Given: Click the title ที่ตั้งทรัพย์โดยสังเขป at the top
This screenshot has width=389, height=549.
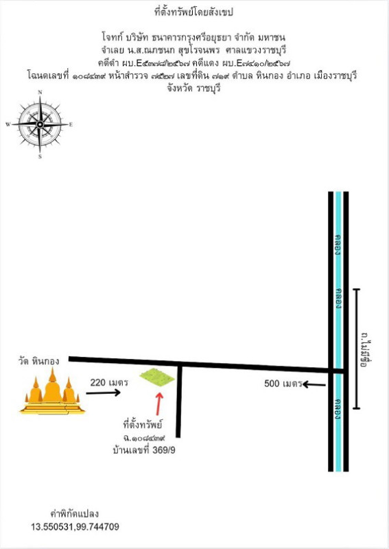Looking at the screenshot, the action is click(193, 12).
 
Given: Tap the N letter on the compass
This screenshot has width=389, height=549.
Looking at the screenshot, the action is click(40, 92).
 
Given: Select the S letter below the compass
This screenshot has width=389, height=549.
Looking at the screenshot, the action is click(40, 156).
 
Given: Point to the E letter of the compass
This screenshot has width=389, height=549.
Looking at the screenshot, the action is click(71, 124).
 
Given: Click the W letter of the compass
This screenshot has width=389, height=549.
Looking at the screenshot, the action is click(8, 124).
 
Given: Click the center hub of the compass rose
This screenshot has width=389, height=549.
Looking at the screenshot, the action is click(40, 124).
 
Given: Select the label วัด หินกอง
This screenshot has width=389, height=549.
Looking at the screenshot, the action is click(39, 361).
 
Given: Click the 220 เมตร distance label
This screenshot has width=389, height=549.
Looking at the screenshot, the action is click(109, 382).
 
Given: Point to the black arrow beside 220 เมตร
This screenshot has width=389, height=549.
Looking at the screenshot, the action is click(104, 393).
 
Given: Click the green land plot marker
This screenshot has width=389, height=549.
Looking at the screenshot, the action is click(157, 377).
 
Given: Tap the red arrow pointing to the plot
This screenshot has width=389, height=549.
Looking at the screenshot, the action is click(159, 404).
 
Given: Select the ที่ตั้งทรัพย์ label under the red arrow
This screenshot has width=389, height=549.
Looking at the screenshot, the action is click(143, 425).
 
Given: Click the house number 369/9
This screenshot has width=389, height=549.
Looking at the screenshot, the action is click(164, 450).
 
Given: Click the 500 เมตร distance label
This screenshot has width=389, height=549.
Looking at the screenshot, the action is click(283, 384).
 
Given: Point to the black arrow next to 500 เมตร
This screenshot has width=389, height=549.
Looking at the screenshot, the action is click(314, 385).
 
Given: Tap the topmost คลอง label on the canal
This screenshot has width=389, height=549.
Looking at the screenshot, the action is click(338, 244).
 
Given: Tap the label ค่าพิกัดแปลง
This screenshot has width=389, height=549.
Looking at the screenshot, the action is click(75, 513).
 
